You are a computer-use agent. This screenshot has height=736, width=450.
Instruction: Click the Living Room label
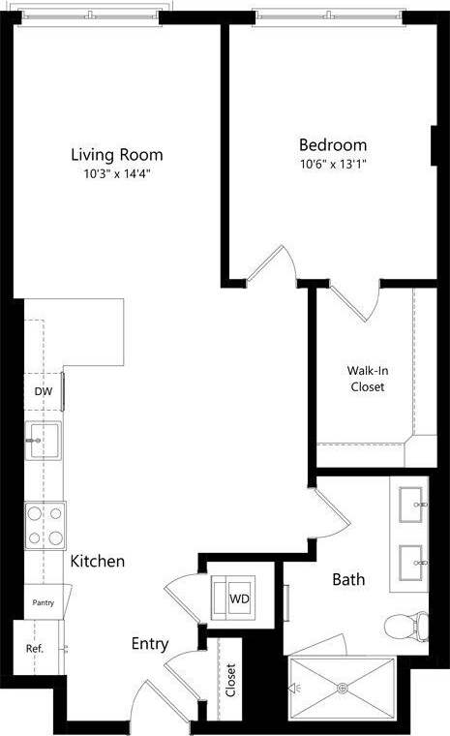tap(116, 154)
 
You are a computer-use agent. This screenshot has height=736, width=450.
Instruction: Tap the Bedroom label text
tap(332, 144)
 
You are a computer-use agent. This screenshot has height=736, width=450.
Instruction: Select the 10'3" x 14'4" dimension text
tap(116, 174)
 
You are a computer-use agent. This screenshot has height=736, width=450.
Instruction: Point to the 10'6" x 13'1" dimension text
tap(332, 164)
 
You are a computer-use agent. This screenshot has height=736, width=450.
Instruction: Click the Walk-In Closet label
tap(366, 378)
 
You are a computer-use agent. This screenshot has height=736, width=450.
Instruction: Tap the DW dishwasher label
tap(43, 391)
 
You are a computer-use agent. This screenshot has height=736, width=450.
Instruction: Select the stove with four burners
tap(45, 526)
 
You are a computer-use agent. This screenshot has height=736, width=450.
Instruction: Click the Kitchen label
tap(97, 561)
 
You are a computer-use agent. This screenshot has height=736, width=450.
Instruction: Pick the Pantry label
tap(43, 602)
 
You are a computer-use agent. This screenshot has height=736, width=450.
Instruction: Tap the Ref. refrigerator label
tap(35, 649)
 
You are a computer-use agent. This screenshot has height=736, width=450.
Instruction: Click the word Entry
tap(150, 643)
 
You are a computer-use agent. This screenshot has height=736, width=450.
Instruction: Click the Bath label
tap(348, 580)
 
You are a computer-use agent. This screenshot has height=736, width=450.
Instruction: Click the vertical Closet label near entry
tap(230, 679)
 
